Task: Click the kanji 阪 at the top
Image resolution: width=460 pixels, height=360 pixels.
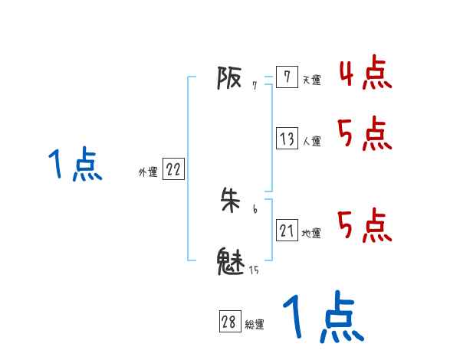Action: pyautogui.click(x=229, y=77)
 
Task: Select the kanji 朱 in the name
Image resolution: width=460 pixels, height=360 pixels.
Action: pyautogui.click(x=231, y=201)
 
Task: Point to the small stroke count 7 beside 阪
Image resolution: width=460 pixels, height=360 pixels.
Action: pyautogui.click(x=254, y=86)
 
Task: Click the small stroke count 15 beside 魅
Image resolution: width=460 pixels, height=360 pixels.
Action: pyautogui.click(x=253, y=270)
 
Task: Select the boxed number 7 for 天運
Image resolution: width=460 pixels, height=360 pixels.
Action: pyautogui.click(x=286, y=77)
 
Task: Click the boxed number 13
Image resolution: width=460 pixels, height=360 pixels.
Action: pyautogui.click(x=287, y=139)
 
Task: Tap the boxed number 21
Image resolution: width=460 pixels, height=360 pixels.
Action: pyautogui.click(x=287, y=231)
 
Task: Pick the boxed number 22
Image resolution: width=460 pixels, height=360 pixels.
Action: pyautogui.click(x=173, y=170)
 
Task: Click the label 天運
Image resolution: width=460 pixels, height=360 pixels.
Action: pyautogui.click(x=311, y=80)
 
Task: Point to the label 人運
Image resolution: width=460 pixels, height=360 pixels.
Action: pyautogui.click(x=311, y=142)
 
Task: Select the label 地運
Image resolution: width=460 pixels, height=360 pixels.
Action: pyautogui.click(x=311, y=234)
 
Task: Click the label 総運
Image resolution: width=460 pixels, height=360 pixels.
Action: pyautogui.click(x=255, y=325)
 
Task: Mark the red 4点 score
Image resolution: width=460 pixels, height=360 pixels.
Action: pyautogui.click(x=365, y=72)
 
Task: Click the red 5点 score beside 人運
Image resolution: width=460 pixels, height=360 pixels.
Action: pyautogui.click(x=365, y=135)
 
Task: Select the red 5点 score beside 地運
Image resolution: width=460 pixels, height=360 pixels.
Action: pyautogui.click(x=365, y=225)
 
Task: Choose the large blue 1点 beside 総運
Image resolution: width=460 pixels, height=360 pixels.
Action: pyautogui.click(x=323, y=317)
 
